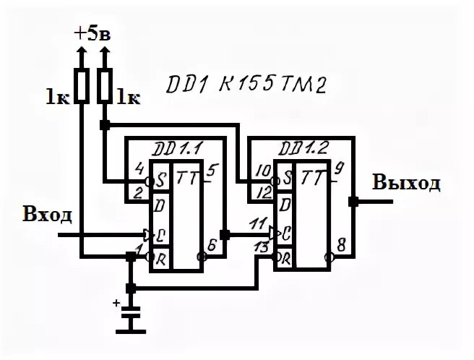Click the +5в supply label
click(93, 33)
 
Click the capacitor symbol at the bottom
click(131, 316)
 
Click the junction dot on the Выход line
click(353, 202)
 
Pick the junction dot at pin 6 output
click(225, 235)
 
